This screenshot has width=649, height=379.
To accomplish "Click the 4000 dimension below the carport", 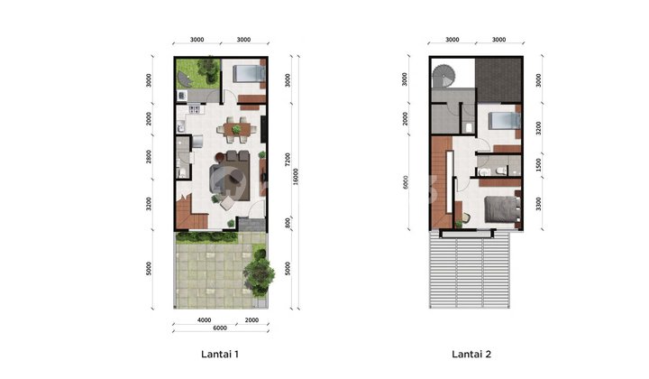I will (205, 320).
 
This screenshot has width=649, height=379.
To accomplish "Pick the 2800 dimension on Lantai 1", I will (149, 159).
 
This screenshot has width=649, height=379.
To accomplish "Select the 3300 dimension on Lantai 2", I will (539, 207).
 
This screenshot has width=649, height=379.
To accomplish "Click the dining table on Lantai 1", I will (237, 129).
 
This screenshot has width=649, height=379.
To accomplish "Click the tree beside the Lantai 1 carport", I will (260, 267).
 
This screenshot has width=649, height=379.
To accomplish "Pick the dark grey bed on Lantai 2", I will (501, 209).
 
